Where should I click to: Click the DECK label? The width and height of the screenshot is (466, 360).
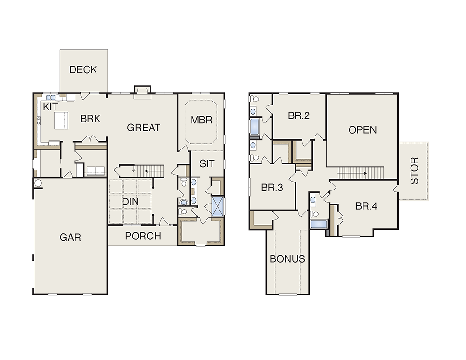[83, 69]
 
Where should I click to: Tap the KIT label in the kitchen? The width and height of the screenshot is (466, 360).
[50, 107]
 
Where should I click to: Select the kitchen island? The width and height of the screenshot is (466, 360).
[61, 120]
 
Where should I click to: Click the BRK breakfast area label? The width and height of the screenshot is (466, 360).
[90, 119]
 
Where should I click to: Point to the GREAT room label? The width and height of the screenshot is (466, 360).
[144, 128]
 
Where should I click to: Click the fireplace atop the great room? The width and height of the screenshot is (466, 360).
[143, 92]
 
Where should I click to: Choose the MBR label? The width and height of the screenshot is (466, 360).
[201, 120]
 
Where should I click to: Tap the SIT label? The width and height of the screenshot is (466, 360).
[207, 163]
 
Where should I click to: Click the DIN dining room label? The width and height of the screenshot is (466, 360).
[130, 202]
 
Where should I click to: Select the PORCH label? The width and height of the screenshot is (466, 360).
[143, 236]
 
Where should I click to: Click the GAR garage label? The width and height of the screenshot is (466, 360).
[70, 238]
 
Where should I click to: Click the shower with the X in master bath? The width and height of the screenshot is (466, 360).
[217, 206]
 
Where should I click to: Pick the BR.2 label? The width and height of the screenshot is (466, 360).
[299, 115]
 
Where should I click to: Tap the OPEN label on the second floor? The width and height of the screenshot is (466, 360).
[363, 130]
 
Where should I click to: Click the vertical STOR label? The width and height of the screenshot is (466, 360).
[414, 171]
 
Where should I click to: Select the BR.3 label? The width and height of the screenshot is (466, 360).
[272, 188]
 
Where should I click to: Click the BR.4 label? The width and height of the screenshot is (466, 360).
[366, 206]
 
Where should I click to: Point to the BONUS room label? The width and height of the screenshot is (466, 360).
[288, 259]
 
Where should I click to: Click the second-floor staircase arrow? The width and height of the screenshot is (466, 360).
[352, 173]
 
